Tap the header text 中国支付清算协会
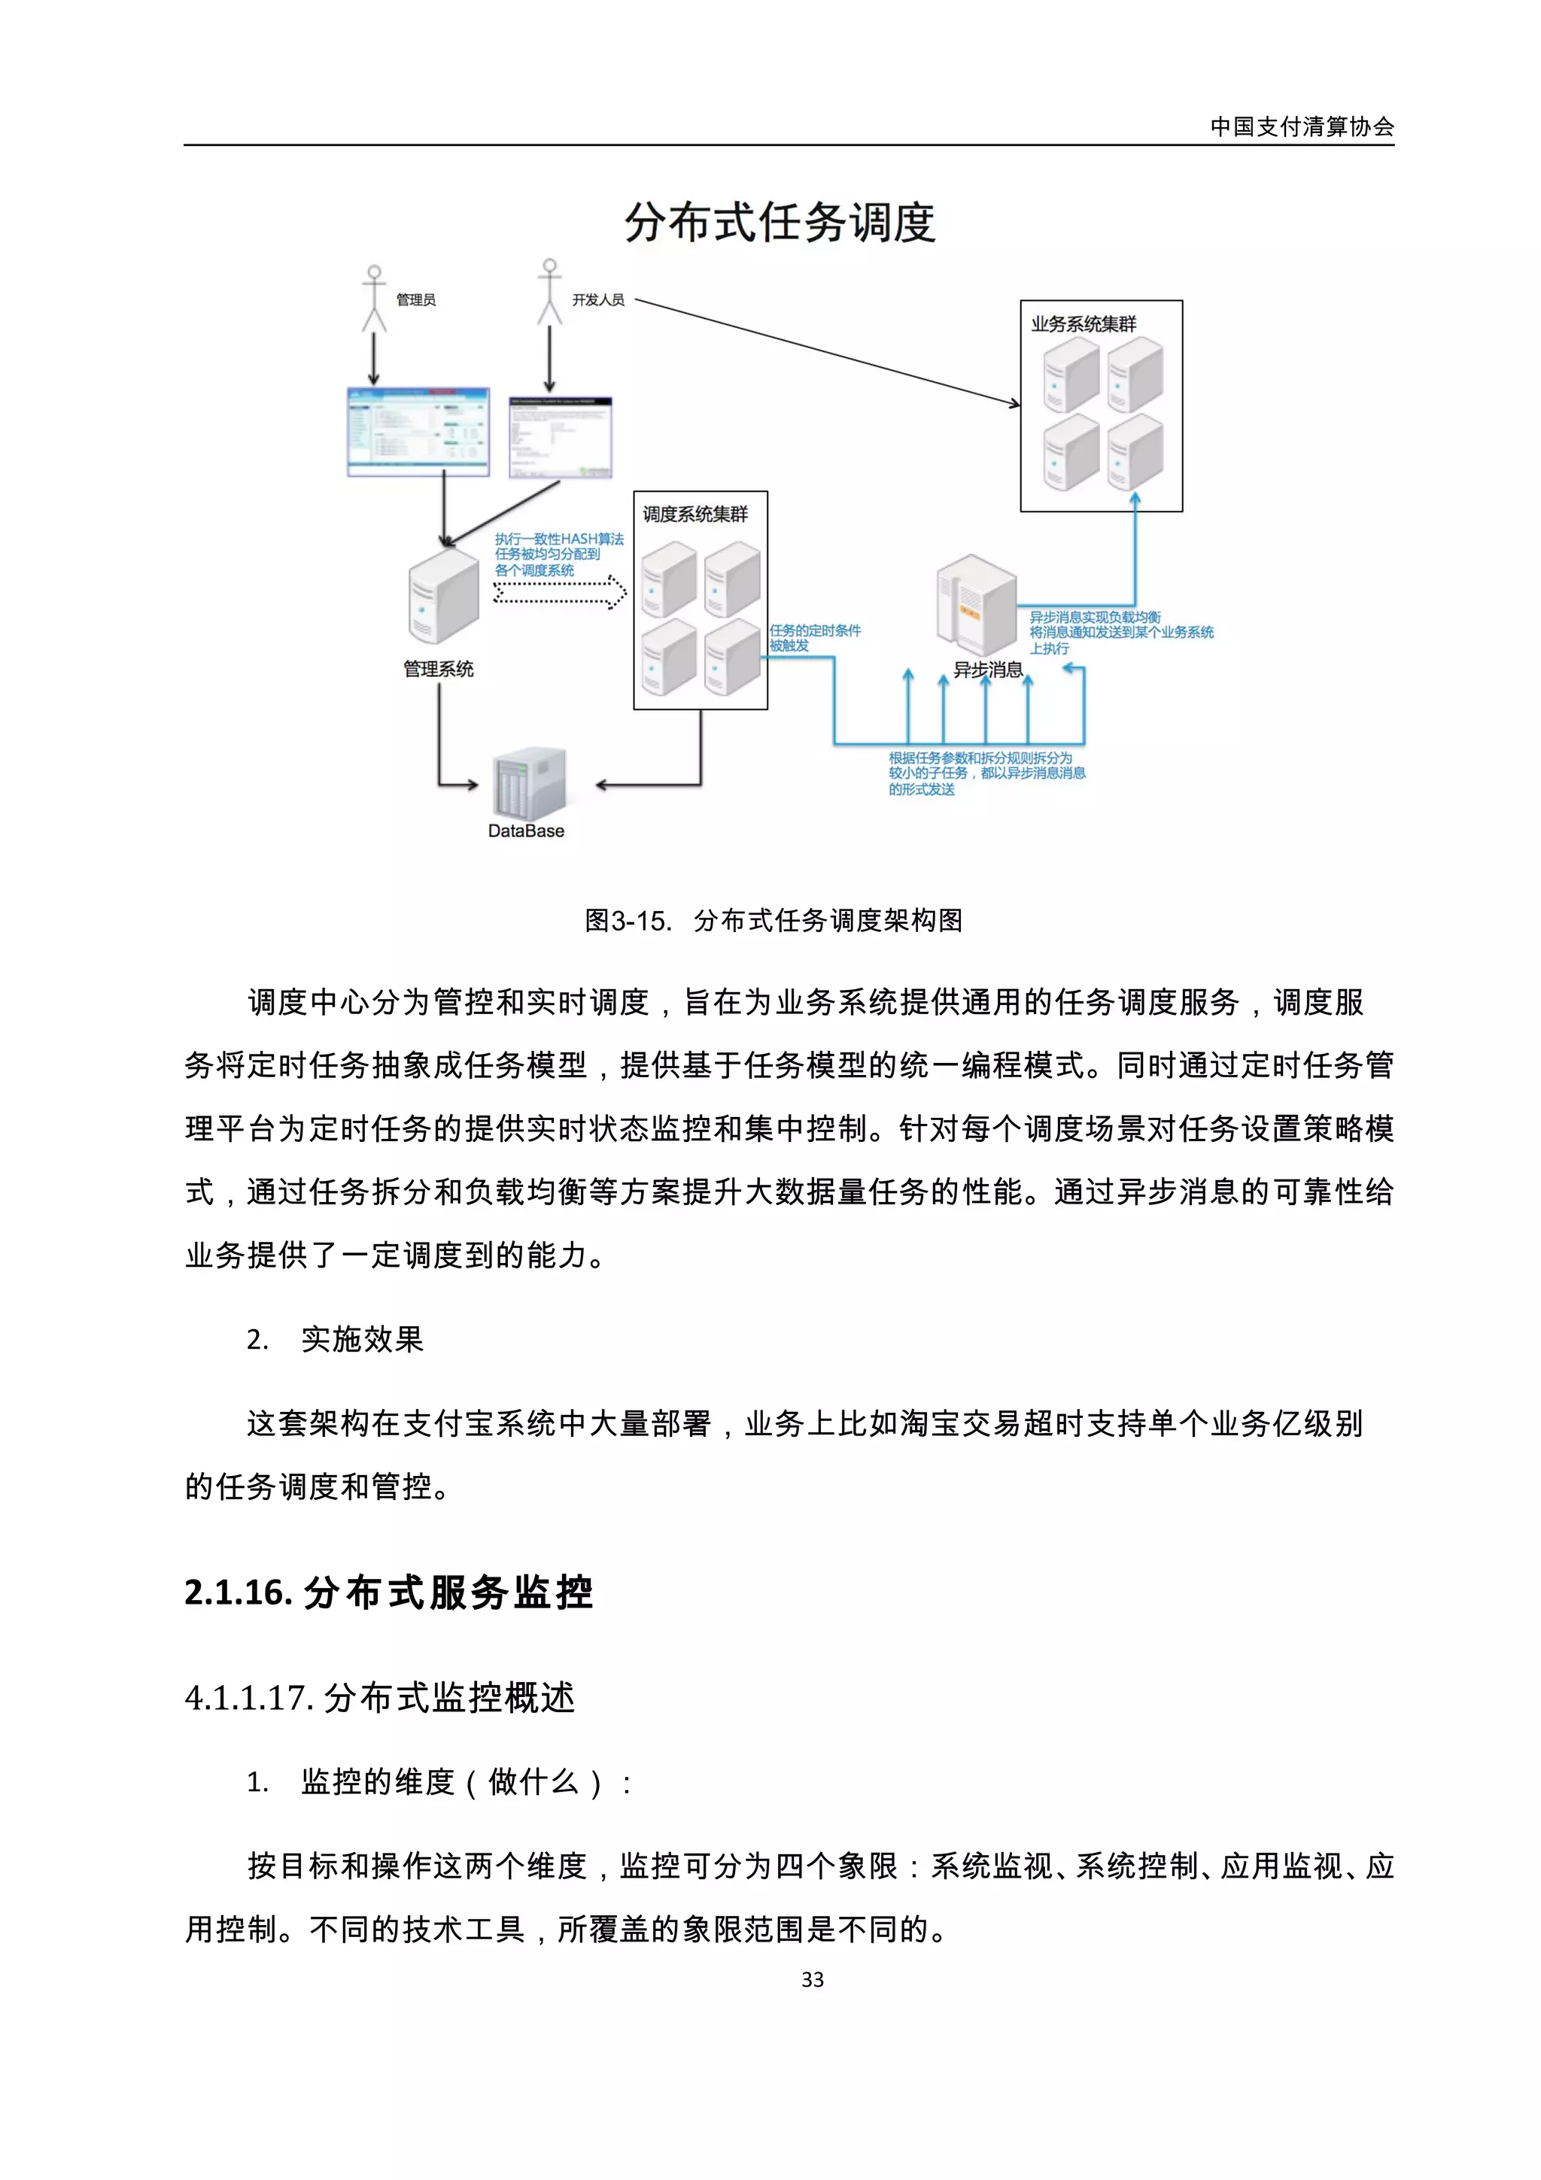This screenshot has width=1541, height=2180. [1301, 126]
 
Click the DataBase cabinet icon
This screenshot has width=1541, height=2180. [528, 783]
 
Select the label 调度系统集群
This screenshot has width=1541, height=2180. [695, 515]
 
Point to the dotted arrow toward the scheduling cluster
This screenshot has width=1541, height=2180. [560, 593]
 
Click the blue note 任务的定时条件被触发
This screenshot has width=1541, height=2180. [815, 637]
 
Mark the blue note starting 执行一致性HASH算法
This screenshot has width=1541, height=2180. [558, 554]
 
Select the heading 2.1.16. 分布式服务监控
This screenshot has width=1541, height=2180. [388, 1592]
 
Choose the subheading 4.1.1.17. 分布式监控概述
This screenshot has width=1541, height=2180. [380, 1697]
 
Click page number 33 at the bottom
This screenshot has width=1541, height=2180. [812, 1980]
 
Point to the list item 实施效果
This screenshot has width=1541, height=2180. [362, 1339]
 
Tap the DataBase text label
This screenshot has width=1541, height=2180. [526, 830]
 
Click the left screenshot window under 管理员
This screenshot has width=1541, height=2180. [418, 431]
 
